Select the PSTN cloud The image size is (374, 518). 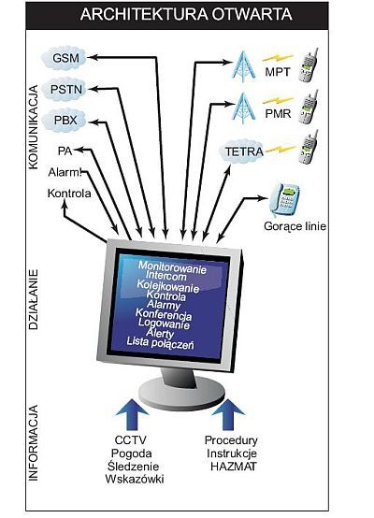65,89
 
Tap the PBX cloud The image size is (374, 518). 65,121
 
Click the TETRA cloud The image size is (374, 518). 242,151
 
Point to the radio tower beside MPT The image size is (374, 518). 244,66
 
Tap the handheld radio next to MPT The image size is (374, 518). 309,65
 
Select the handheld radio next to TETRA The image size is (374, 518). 309,147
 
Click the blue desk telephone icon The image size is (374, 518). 284,199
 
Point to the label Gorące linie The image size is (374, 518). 295,226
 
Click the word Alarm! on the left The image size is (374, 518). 65,172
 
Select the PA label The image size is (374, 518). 65,151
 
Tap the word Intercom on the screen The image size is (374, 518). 165,275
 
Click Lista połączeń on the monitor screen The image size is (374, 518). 160,342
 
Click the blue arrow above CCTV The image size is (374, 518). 132,414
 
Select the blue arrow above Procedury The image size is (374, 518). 228,414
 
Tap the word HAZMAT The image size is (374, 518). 233,467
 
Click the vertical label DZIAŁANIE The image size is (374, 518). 34,299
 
